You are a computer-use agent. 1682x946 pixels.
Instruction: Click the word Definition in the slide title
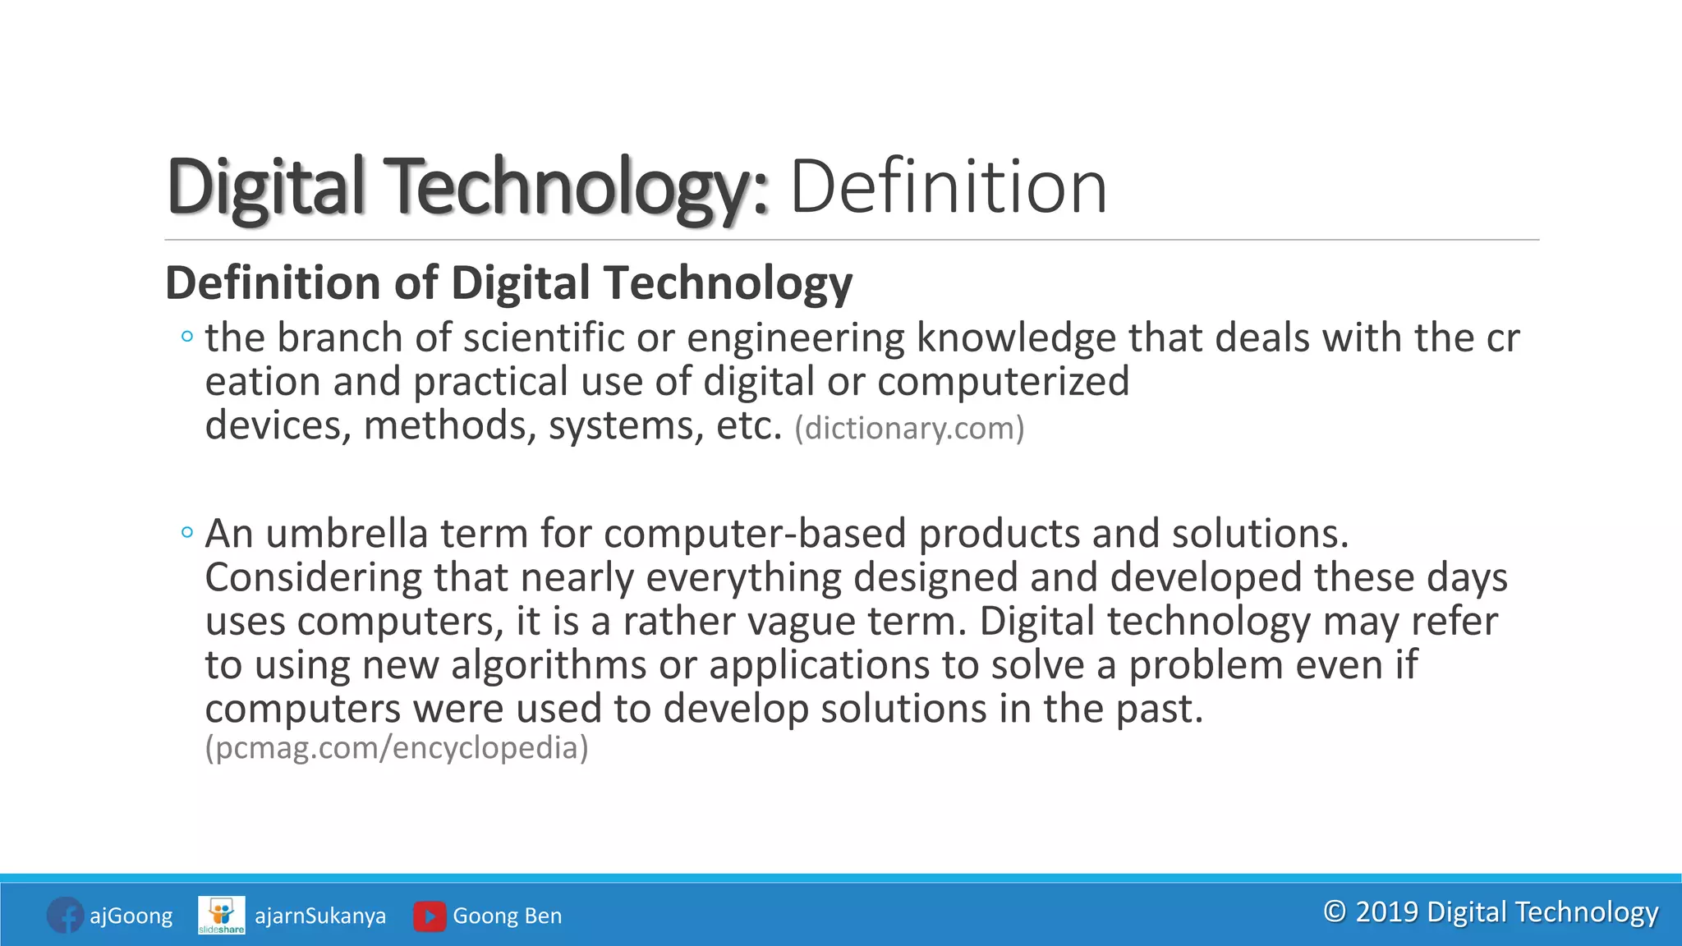(x=949, y=187)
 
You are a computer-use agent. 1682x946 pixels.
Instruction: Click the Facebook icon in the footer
(x=65, y=915)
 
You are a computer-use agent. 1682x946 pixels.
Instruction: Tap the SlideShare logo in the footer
(x=221, y=915)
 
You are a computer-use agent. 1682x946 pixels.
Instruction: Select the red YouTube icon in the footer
(x=430, y=916)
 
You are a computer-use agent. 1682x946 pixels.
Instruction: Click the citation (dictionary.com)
(x=909, y=428)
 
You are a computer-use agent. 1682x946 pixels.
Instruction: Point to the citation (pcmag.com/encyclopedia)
(x=397, y=747)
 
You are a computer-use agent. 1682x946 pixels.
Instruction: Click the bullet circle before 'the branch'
(x=187, y=337)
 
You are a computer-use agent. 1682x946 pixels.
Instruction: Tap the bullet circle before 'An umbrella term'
(x=187, y=533)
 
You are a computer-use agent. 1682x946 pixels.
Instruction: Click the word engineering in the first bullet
(x=795, y=338)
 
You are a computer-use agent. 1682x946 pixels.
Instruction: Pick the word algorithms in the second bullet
(x=548, y=665)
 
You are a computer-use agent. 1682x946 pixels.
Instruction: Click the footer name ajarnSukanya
(x=320, y=916)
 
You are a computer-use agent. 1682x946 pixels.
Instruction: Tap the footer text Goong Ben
(x=508, y=916)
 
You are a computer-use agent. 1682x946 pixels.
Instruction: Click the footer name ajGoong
(x=131, y=916)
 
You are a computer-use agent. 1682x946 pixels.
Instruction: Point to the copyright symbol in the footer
(x=1335, y=912)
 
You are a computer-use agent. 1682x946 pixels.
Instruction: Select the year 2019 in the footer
(x=1386, y=912)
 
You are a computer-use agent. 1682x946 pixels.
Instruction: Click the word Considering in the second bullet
(x=313, y=578)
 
